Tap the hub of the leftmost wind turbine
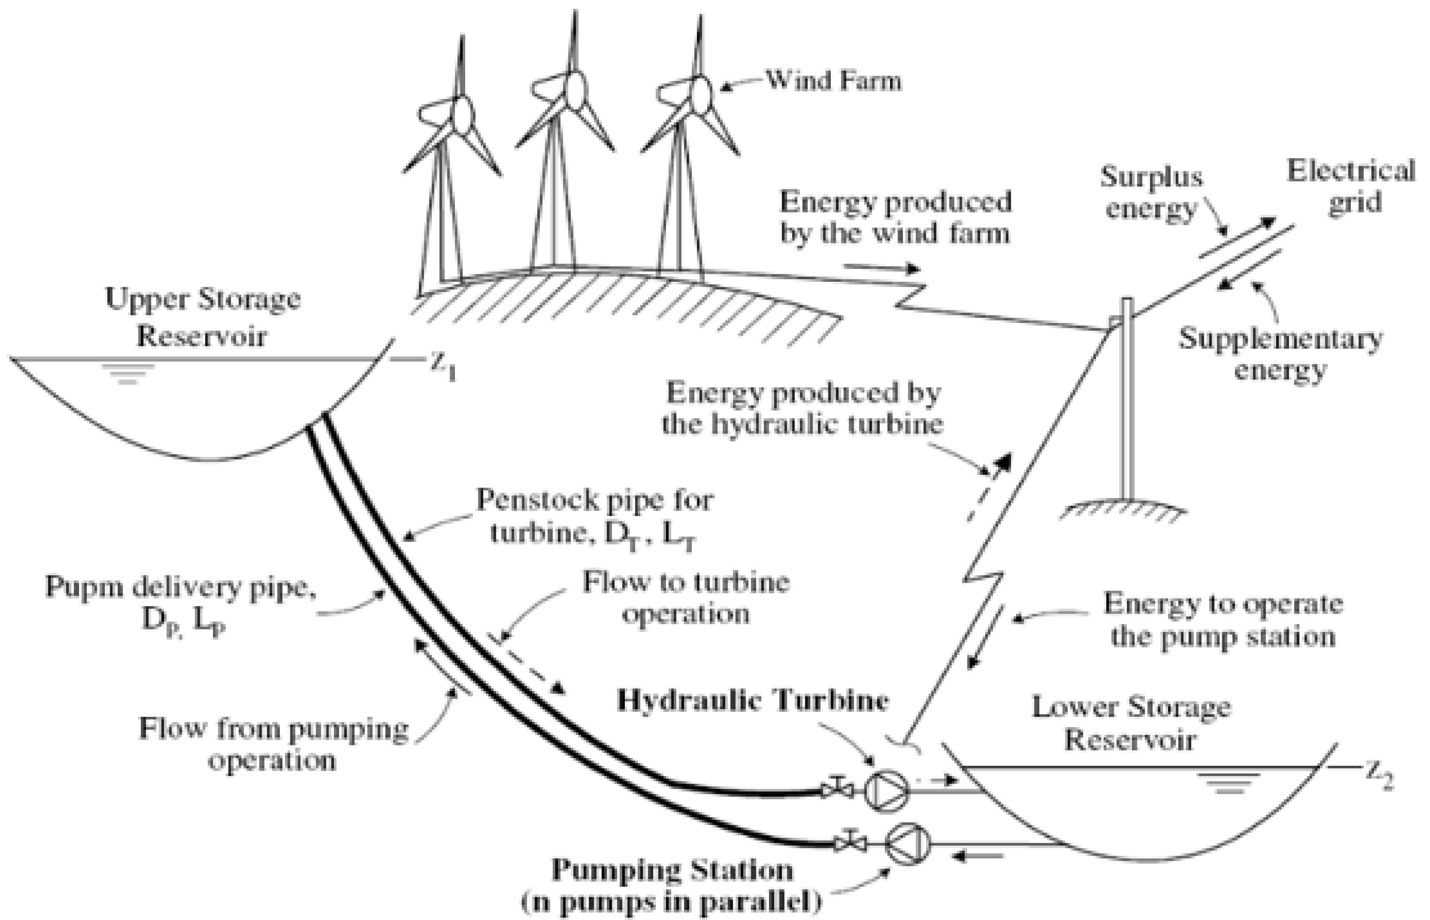point(461,115)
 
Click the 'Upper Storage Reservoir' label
point(203,317)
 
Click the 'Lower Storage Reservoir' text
point(1131,724)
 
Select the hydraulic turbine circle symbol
point(887,791)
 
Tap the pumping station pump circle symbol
point(908,843)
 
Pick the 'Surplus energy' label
point(1152,193)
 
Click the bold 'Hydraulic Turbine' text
point(753,700)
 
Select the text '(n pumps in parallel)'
point(672,902)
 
